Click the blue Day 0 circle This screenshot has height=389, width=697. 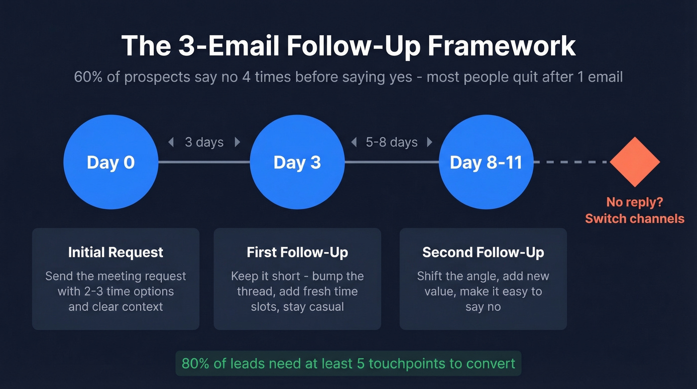pyautogui.click(x=111, y=162)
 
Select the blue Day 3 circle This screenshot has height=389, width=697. pyautogui.click(x=297, y=162)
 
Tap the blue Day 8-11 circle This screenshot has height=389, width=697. pyautogui.click(x=486, y=162)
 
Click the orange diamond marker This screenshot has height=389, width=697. pyautogui.click(x=635, y=162)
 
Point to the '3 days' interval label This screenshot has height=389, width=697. pyautogui.click(x=204, y=142)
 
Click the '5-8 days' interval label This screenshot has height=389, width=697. pyautogui.click(x=391, y=142)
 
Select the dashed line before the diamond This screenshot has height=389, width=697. pyautogui.click(x=571, y=162)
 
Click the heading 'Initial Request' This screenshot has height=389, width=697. pyautogui.click(x=116, y=253)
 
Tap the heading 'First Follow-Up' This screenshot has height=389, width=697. pyautogui.click(x=297, y=253)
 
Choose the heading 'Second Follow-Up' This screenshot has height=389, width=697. pyautogui.click(x=483, y=253)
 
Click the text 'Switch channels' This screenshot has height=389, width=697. pyautogui.click(x=634, y=219)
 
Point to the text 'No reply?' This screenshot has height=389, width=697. pyautogui.click(x=634, y=202)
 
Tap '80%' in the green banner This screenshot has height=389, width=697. pyautogui.click(x=195, y=363)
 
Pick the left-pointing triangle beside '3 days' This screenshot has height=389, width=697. pyautogui.click(x=171, y=142)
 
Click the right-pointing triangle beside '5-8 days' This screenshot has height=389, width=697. pyautogui.click(x=429, y=142)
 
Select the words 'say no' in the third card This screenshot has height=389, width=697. pyautogui.click(x=483, y=307)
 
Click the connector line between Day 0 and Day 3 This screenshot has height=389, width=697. pyautogui.click(x=204, y=162)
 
